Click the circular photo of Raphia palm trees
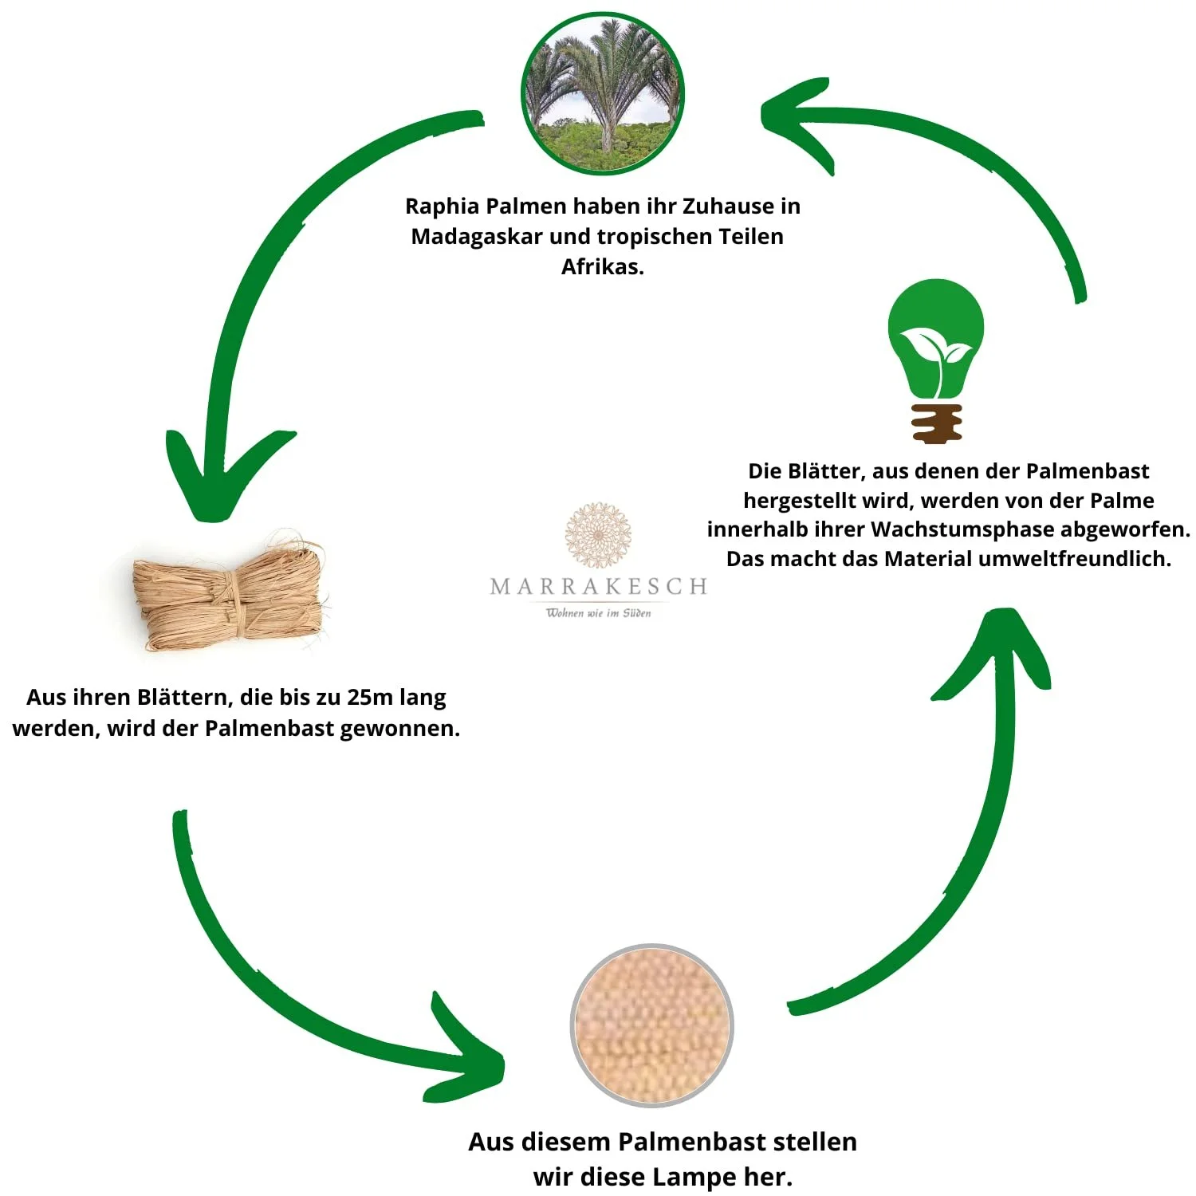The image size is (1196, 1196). point(603,93)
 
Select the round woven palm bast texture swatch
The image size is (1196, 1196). point(652,1025)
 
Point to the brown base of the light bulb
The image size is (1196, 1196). point(937,423)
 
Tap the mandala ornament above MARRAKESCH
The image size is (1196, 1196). point(598,534)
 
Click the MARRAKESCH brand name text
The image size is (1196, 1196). point(598,587)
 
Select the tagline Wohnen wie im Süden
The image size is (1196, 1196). point(598,613)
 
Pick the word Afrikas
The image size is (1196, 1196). point(602,267)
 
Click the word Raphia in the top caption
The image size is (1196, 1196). point(443,207)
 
